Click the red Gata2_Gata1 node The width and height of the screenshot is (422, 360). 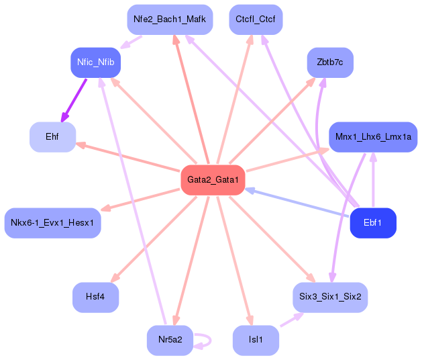coord(213,180)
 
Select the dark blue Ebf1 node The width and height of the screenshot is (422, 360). coord(373,223)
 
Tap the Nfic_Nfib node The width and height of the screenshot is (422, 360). coord(95,62)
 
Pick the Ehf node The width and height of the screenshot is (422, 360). coord(52,137)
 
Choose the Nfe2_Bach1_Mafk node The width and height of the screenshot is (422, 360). coord(170,19)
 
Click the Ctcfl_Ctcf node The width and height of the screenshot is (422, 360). coord(256,19)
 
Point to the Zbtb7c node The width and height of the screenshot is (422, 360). coord(330,62)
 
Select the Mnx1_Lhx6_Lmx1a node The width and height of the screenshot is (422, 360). coord(373,137)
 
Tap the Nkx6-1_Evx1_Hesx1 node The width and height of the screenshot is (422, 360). coord(52,223)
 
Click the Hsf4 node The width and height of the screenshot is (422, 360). coord(95,298)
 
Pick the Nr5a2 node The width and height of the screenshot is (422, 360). coord(170,341)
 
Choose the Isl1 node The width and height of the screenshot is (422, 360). coord(256,341)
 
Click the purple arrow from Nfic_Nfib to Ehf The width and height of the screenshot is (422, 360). coord(74,100)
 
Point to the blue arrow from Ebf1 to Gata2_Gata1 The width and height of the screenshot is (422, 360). coord(299,203)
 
